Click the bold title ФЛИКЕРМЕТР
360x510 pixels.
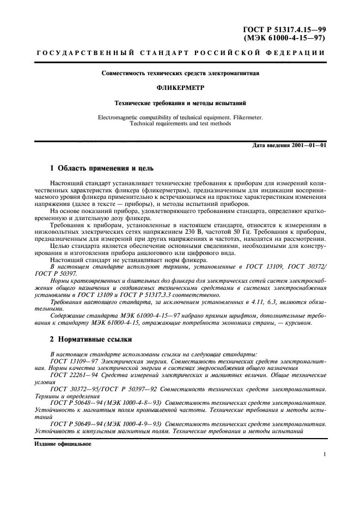(180, 87)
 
